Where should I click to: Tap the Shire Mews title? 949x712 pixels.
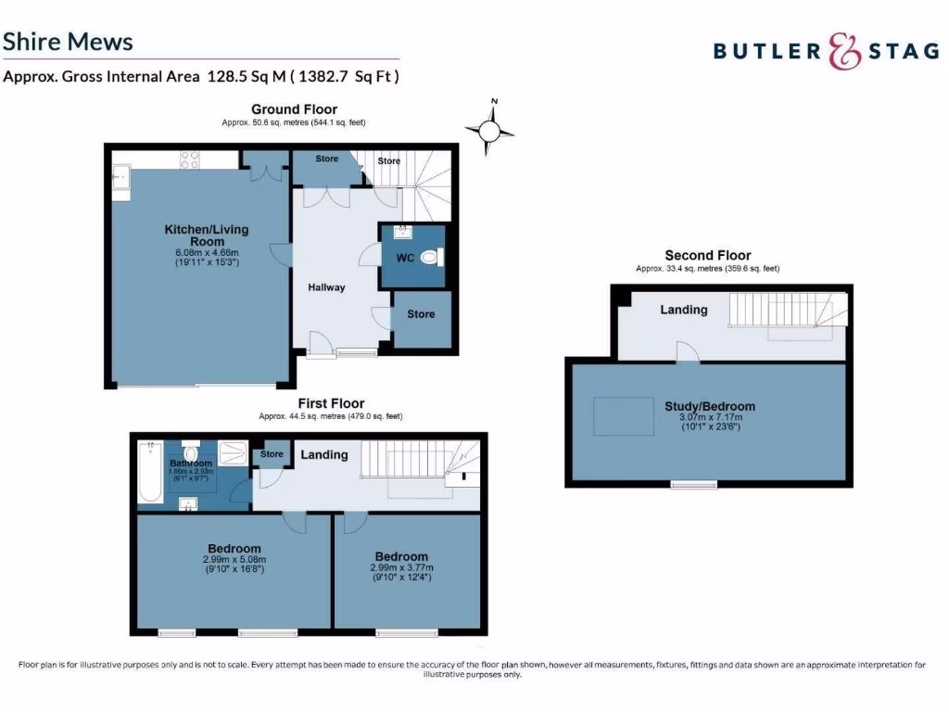click(x=68, y=42)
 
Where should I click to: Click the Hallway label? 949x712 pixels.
click(x=326, y=287)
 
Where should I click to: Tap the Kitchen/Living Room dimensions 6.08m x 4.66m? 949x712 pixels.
click(x=207, y=252)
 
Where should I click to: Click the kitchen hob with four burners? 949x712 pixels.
click(x=191, y=159)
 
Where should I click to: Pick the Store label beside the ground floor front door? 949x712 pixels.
click(x=421, y=314)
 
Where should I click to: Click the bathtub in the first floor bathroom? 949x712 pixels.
click(x=149, y=471)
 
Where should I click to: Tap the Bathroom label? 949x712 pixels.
click(x=191, y=463)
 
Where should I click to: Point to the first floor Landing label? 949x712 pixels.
click(x=324, y=455)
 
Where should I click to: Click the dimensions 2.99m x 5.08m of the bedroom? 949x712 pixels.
click(x=234, y=559)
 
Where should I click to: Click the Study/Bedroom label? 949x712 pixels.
click(x=709, y=406)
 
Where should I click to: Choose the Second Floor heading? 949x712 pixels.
click(x=707, y=256)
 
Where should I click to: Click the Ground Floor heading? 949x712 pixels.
click(x=294, y=109)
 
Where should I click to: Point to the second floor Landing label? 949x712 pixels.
click(x=684, y=310)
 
